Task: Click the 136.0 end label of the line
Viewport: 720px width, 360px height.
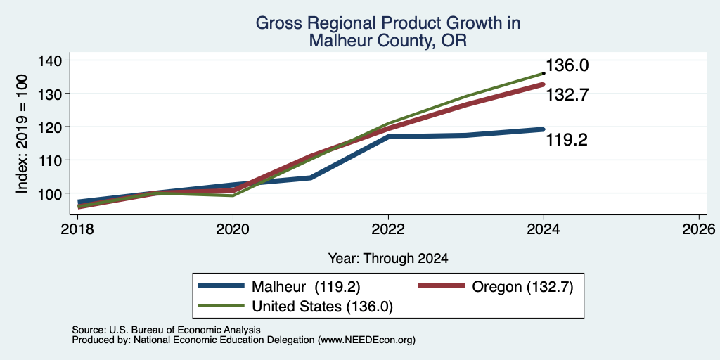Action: pos(567,65)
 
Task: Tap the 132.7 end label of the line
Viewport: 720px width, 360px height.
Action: pos(567,95)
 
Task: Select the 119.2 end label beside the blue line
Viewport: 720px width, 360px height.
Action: pos(567,140)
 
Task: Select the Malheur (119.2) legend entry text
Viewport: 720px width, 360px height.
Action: pos(306,287)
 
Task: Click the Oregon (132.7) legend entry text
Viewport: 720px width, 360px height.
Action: pos(522,287)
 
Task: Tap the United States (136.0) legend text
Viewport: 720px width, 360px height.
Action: pos(322,307)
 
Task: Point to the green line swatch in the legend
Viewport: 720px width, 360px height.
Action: pos(221,306)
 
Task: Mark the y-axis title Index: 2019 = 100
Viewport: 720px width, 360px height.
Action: pos(22,134)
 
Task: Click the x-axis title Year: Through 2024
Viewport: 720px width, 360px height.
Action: pos(388,259)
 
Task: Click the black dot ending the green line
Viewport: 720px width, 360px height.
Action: pos(544,73)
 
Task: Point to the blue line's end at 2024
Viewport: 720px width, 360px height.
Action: pos(544,129)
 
